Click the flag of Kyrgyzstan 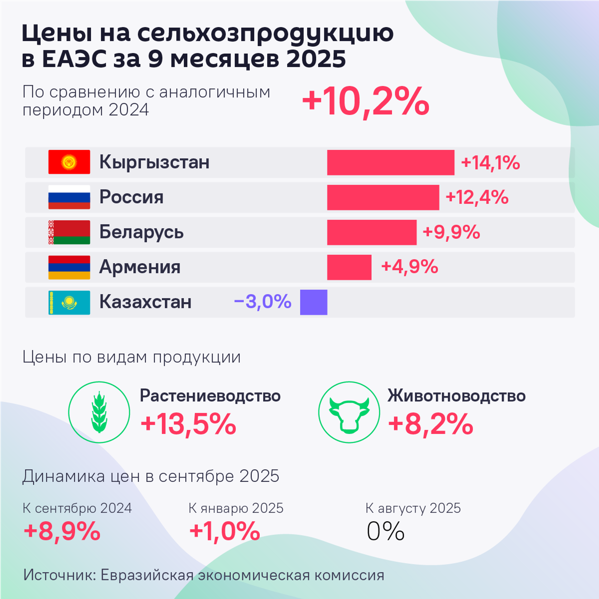pos(69,162)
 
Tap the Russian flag pos(69,197)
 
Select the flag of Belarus pos(69,232)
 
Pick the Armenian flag pos(69,267)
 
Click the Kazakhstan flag pos(69,302)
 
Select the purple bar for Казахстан pos(314,302)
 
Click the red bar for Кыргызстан pos(391,162)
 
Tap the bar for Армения pos(349,267)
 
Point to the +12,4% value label pos(477,197)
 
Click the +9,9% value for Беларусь pos(451,232)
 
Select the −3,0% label pos(262,302)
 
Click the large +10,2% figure pos(366,102)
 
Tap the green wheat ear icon pos(99,412)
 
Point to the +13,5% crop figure pos(188,424)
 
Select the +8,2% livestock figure pos(431,424)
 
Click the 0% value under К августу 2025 pos(385,531)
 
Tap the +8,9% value pos(62,531)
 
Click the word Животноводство pos(456,396)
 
